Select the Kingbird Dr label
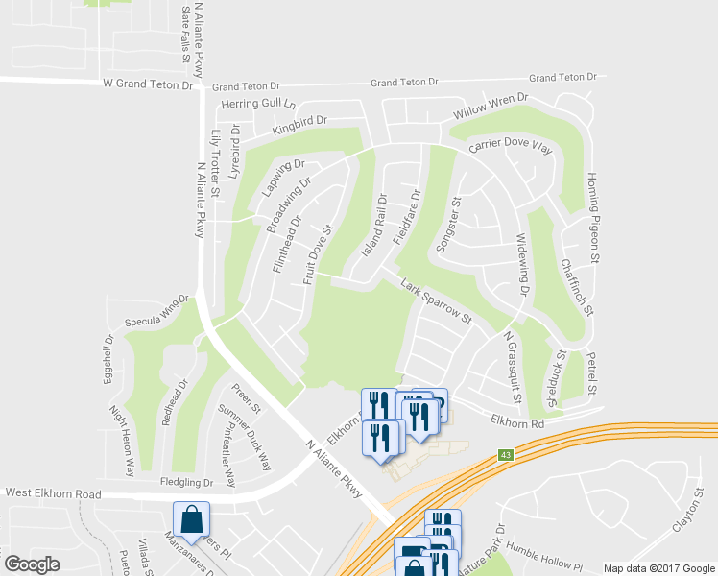(299, 125)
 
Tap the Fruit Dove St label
(317, 254)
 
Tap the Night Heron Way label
(122, 443)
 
